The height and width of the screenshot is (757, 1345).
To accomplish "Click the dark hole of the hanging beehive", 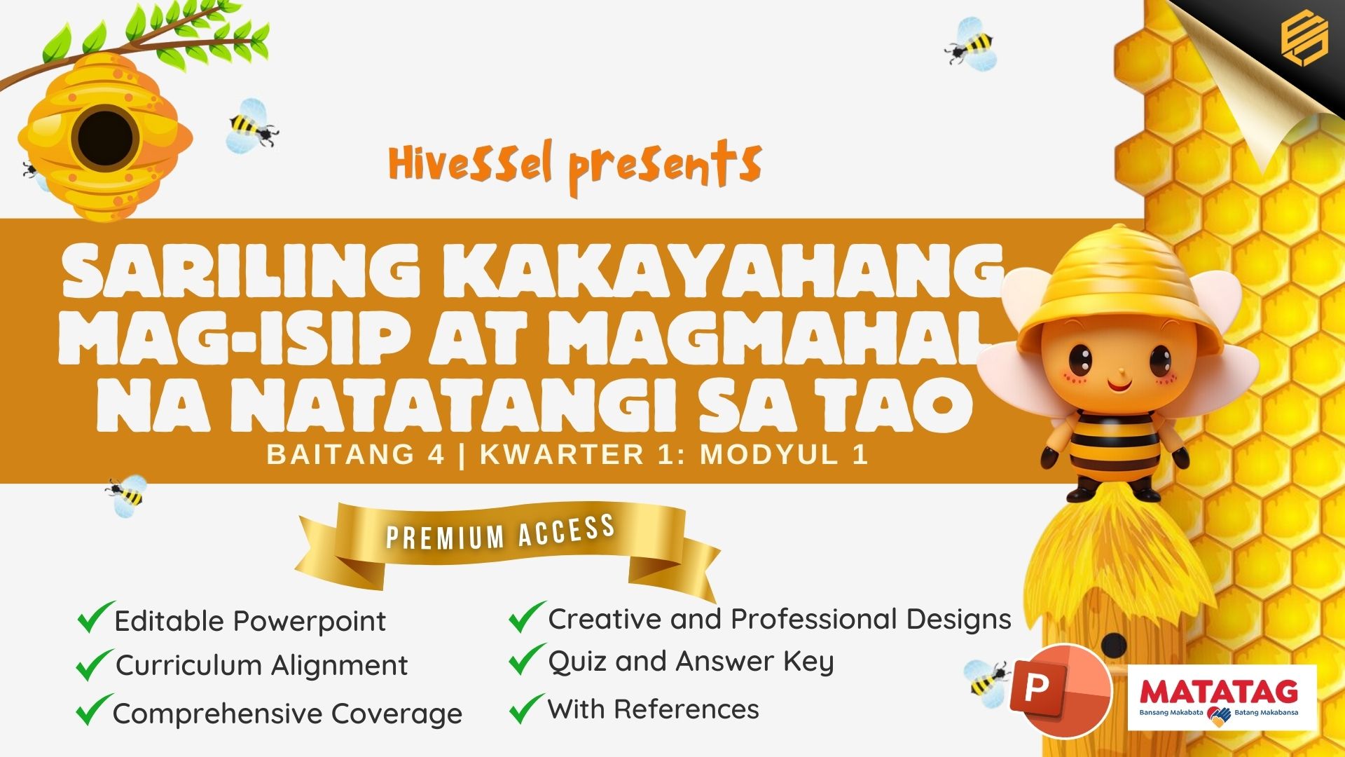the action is [105, 138].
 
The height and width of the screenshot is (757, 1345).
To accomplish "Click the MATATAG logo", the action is [1222, 697].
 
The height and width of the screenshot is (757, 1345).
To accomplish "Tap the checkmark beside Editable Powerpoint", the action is [95, 617].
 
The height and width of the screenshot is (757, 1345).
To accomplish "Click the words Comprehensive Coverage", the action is [287, 714].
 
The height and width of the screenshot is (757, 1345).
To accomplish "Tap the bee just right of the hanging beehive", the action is [252, 126].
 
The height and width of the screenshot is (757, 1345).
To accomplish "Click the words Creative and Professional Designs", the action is [780, 620].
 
